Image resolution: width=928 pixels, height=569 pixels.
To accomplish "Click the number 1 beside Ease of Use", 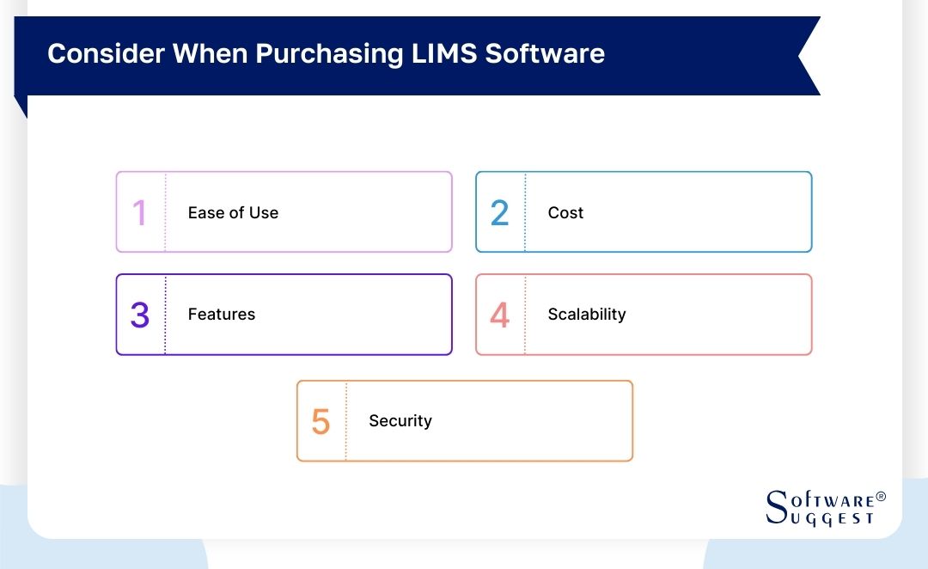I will tap(139, 213).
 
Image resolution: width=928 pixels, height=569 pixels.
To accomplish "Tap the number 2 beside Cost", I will tap(499, 213).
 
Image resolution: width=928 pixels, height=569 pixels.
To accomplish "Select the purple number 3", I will tap(140, 315).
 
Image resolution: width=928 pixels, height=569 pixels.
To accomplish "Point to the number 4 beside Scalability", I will tap(499, 315).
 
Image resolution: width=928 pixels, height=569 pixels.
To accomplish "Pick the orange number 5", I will tap(321, 422).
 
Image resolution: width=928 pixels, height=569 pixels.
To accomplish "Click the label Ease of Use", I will tap(233, 213).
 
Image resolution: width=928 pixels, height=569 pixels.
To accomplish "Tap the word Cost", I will tap(565, 213).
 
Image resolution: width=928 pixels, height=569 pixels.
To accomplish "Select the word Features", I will tap(222, 315).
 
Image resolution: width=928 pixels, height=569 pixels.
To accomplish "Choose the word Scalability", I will tap(587, 315).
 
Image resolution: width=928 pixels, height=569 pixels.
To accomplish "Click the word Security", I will tap(400, 421).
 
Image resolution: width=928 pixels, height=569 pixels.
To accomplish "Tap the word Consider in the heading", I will tap(106, 53).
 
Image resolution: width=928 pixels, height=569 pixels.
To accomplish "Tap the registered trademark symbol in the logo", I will tap(880, 498).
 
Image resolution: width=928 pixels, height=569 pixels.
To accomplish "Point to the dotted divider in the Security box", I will tap(346, 421).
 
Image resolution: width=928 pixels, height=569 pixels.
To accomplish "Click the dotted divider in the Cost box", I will tap(525, 212).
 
